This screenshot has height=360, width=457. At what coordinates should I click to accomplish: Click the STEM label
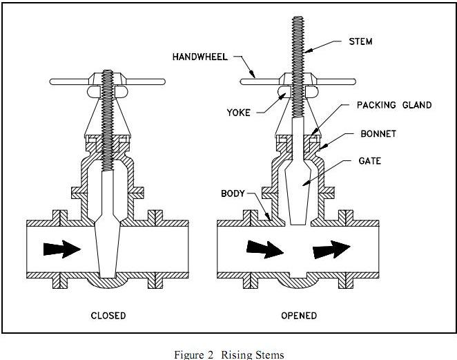360,41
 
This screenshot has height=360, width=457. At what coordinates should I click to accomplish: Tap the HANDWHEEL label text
200,57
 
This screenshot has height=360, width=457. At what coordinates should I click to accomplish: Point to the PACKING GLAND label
393,105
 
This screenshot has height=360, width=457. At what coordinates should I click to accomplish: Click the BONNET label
378,133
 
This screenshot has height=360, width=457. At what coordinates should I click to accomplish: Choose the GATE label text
370,161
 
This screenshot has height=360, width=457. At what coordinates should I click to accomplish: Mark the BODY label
233,193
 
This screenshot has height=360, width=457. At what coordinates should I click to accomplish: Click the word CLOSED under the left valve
108,316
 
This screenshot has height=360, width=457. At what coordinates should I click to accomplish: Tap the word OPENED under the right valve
299,316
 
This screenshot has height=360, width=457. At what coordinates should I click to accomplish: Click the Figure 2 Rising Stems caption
228,354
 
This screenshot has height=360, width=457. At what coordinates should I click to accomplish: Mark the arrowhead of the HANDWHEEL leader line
255,79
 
